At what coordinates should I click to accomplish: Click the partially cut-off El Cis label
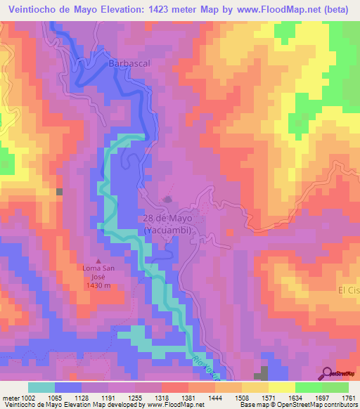point(348,290)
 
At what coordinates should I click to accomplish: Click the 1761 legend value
point(349,398)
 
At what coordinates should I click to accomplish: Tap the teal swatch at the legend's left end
point(41,387)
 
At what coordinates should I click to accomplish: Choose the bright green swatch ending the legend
point(335,387)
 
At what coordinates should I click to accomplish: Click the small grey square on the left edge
point(60,191)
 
